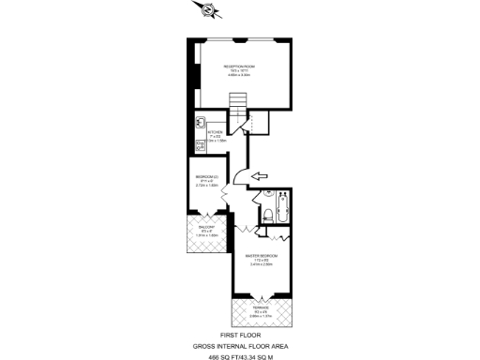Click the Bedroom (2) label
[x=206, y=177]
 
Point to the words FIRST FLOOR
[x=239, y=334]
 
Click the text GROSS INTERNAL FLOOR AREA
[x=239, y=344]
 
